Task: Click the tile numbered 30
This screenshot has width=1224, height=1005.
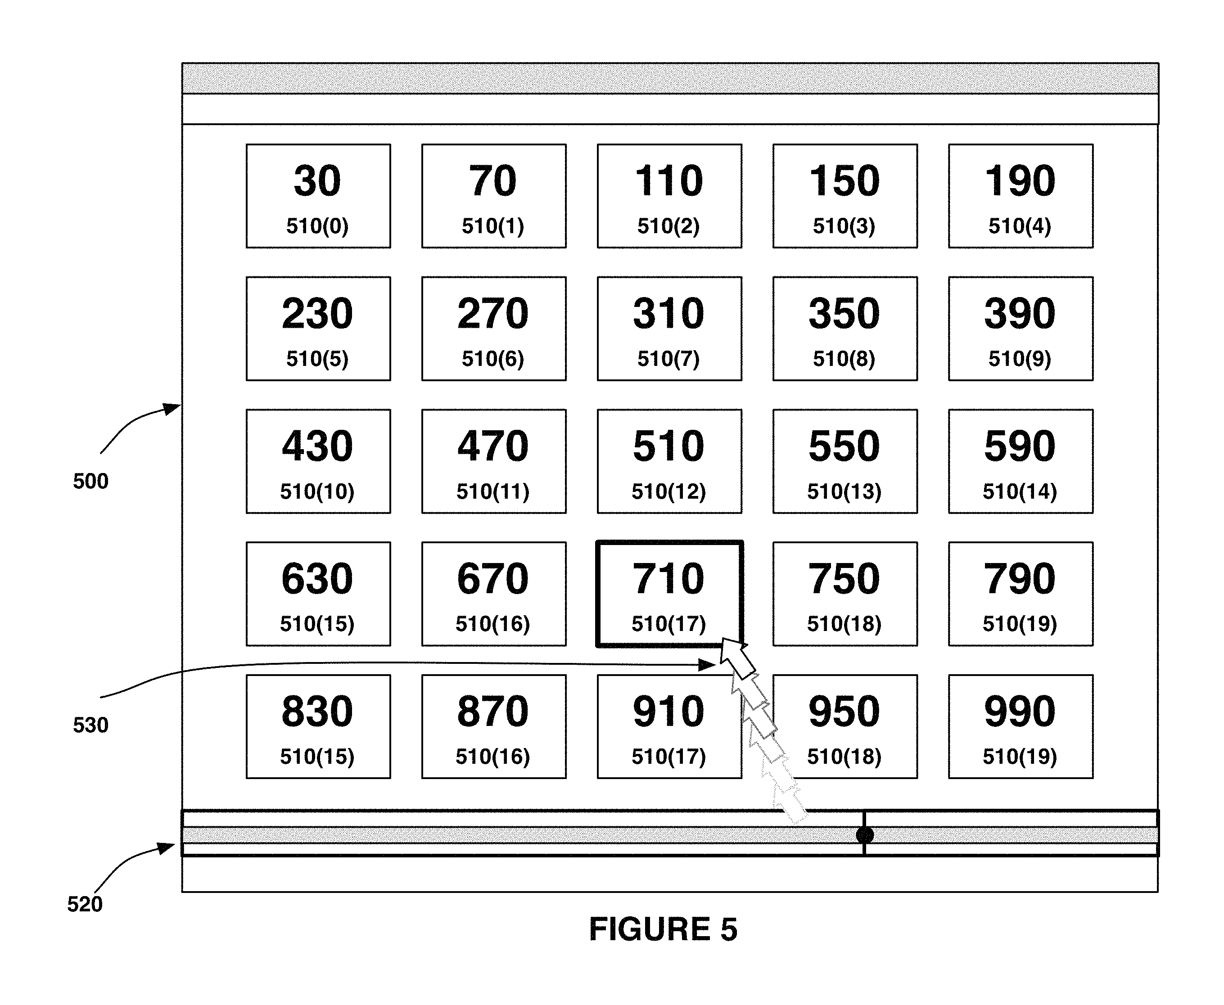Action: coord(318,196)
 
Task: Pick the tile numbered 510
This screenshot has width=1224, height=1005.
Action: coord(669,461)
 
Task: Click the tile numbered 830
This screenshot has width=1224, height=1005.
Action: coord(318,726)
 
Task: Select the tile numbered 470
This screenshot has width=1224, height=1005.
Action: coord(494,461)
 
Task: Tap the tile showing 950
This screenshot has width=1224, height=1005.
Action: coord(845,726)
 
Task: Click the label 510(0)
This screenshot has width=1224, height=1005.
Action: coord(317,226)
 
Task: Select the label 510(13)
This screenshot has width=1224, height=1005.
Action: coord(844,491)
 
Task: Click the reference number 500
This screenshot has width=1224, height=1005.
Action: coord(90,481)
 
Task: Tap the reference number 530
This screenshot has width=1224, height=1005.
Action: coord(90,725)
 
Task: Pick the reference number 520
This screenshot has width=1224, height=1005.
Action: coord(85,904)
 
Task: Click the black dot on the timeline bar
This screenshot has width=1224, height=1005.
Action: coord(864,835)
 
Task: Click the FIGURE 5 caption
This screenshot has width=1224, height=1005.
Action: coord(663,929)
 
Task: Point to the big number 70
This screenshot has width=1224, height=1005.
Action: coord(493,180)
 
